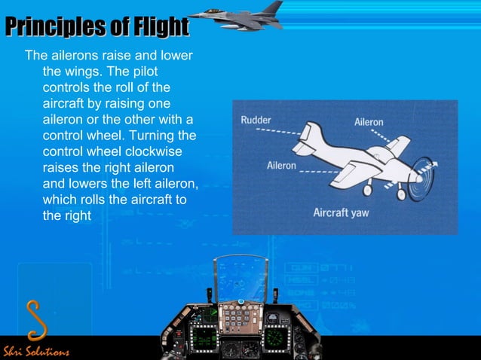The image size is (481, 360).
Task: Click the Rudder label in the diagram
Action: click(256, 120)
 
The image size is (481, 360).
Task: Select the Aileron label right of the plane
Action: click(369, 122)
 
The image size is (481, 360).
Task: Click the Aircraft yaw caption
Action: click(341, 212)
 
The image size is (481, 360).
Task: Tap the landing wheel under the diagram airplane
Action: click(400, 195)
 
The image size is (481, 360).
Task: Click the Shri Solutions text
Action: click(36, 352)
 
